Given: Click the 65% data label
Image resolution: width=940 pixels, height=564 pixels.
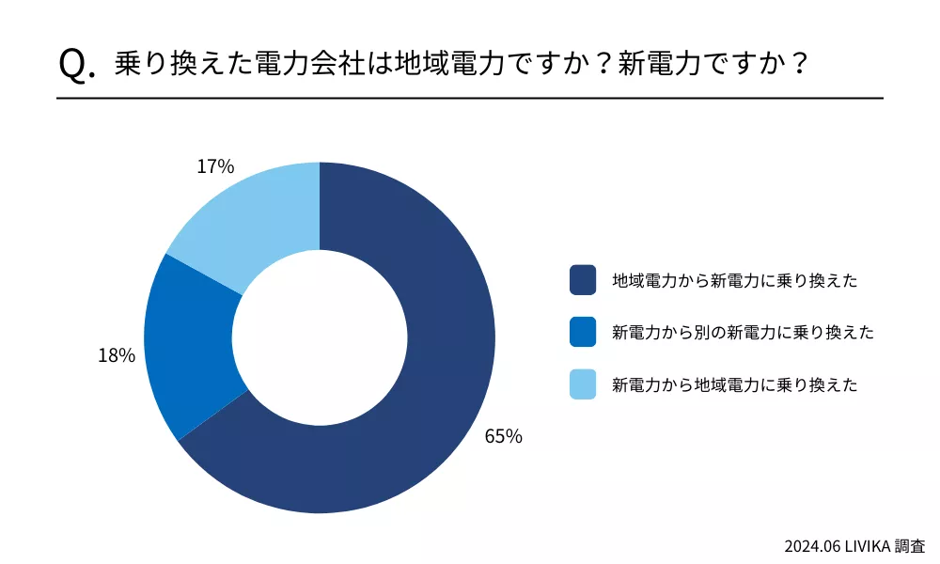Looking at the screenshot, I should click(503, 436).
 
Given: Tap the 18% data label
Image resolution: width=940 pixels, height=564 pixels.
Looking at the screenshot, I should click(117, 355).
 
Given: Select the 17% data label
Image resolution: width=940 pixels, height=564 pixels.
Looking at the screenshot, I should click(215, 166).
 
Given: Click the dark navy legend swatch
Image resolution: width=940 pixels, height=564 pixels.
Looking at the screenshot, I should click(583, 279).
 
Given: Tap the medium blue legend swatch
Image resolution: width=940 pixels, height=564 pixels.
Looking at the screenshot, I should click(583, 332).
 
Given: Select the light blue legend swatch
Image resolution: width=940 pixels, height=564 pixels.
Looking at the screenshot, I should click(583, 384).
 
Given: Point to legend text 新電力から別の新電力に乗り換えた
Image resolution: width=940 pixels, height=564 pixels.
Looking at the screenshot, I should click(743, 332).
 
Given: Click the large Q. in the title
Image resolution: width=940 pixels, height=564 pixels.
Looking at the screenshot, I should click(77, 64).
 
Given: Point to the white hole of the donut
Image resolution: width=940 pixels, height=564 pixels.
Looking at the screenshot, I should click(320, 338).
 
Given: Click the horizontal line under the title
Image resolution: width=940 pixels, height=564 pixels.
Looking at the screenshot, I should click(470, 98).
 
